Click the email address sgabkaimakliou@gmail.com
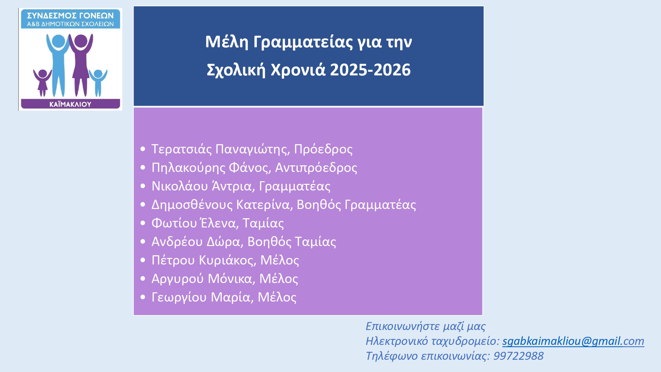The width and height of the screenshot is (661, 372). tap(573, 341)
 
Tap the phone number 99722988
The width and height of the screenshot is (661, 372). tap(518, 356)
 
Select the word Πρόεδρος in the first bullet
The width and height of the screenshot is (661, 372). tap(323, 149)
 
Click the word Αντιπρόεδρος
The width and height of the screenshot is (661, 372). tap(316, 168)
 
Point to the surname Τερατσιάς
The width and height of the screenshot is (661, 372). tap(181, 149)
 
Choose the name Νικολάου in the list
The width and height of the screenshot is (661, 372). tap(180, 186)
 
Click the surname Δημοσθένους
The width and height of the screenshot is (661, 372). tap(192, 205)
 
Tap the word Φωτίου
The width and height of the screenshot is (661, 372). tap(174, 223)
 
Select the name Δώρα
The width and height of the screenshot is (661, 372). tap(223, 242)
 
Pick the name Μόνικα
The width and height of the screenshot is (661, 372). tap(230, 279)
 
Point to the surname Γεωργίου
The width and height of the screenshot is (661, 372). tap(179, 298)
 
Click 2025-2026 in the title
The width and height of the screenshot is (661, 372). tap(370, 70)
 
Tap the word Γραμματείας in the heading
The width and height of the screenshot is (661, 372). tap(303, 42)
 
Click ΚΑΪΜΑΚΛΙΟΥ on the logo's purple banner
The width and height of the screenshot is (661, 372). tap(70, 104)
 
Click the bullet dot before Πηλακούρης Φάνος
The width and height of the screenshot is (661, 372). tap(143, 168)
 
